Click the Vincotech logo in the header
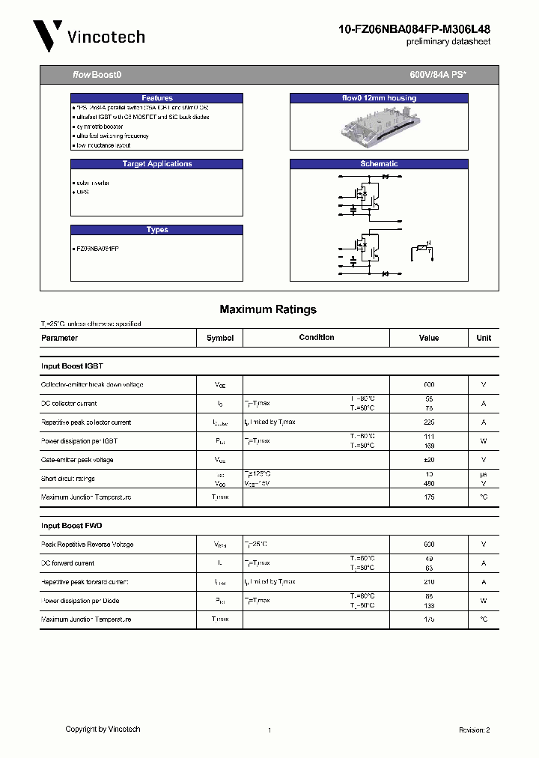pyautogui.click(x=88, y=36)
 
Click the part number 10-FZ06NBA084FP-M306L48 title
pyautogui.click(x=415, y=29)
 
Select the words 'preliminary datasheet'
pyautogui.click(x=448, y=43)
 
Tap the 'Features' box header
pyautogui.click(x=157, y=98)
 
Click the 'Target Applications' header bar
pyautogui.click(x=157, y=164)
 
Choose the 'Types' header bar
pyautogui.click(x=157, y=230)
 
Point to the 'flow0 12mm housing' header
pyautogui.click(x=379, y=98)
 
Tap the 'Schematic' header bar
pyautogui.click(x=379, y=164)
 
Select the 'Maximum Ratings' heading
pyautogui.click(x=268, y=309)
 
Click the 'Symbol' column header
pyautogui.click(x=220, y=338)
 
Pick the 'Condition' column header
pyautogui.click(x=317, y=338)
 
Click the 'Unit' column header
pyautogui.click(x=484, y=338)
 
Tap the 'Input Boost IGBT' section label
pyautogui.click(x=72, y=366)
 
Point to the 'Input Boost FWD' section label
pyautogui.click(x=72, y=526)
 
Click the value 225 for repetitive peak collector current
pyautogui.click(x=429, y=422)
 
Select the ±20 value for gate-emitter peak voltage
pyautogui.click(x=429, y=460)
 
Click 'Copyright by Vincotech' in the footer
pyautogui.click(x=103, y=729)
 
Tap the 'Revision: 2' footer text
pyautogui.click(x=474, y=730)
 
